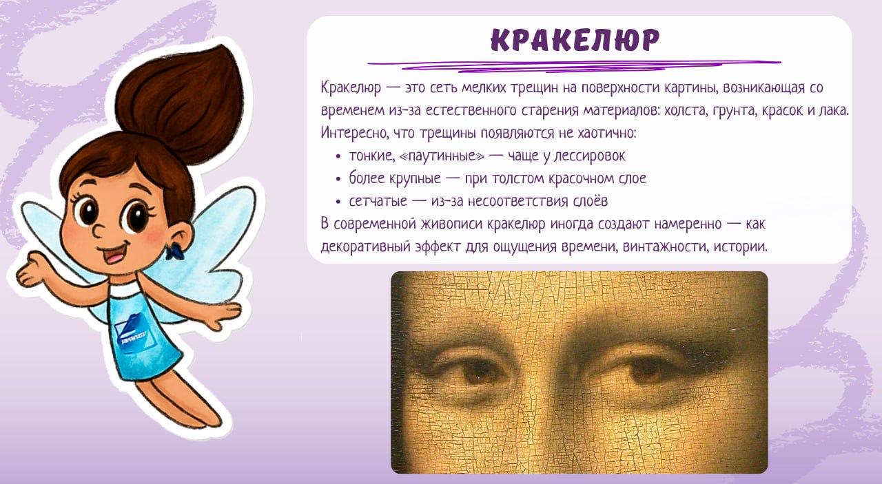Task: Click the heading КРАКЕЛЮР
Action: [x=575, y=40]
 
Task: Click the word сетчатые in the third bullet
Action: [x=378, y=202]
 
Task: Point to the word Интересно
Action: [x=353, y=133]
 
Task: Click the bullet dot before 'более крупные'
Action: [x=338, y=180]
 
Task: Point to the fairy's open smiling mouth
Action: [x=115, y=254]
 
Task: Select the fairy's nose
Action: [x=98, y=230]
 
